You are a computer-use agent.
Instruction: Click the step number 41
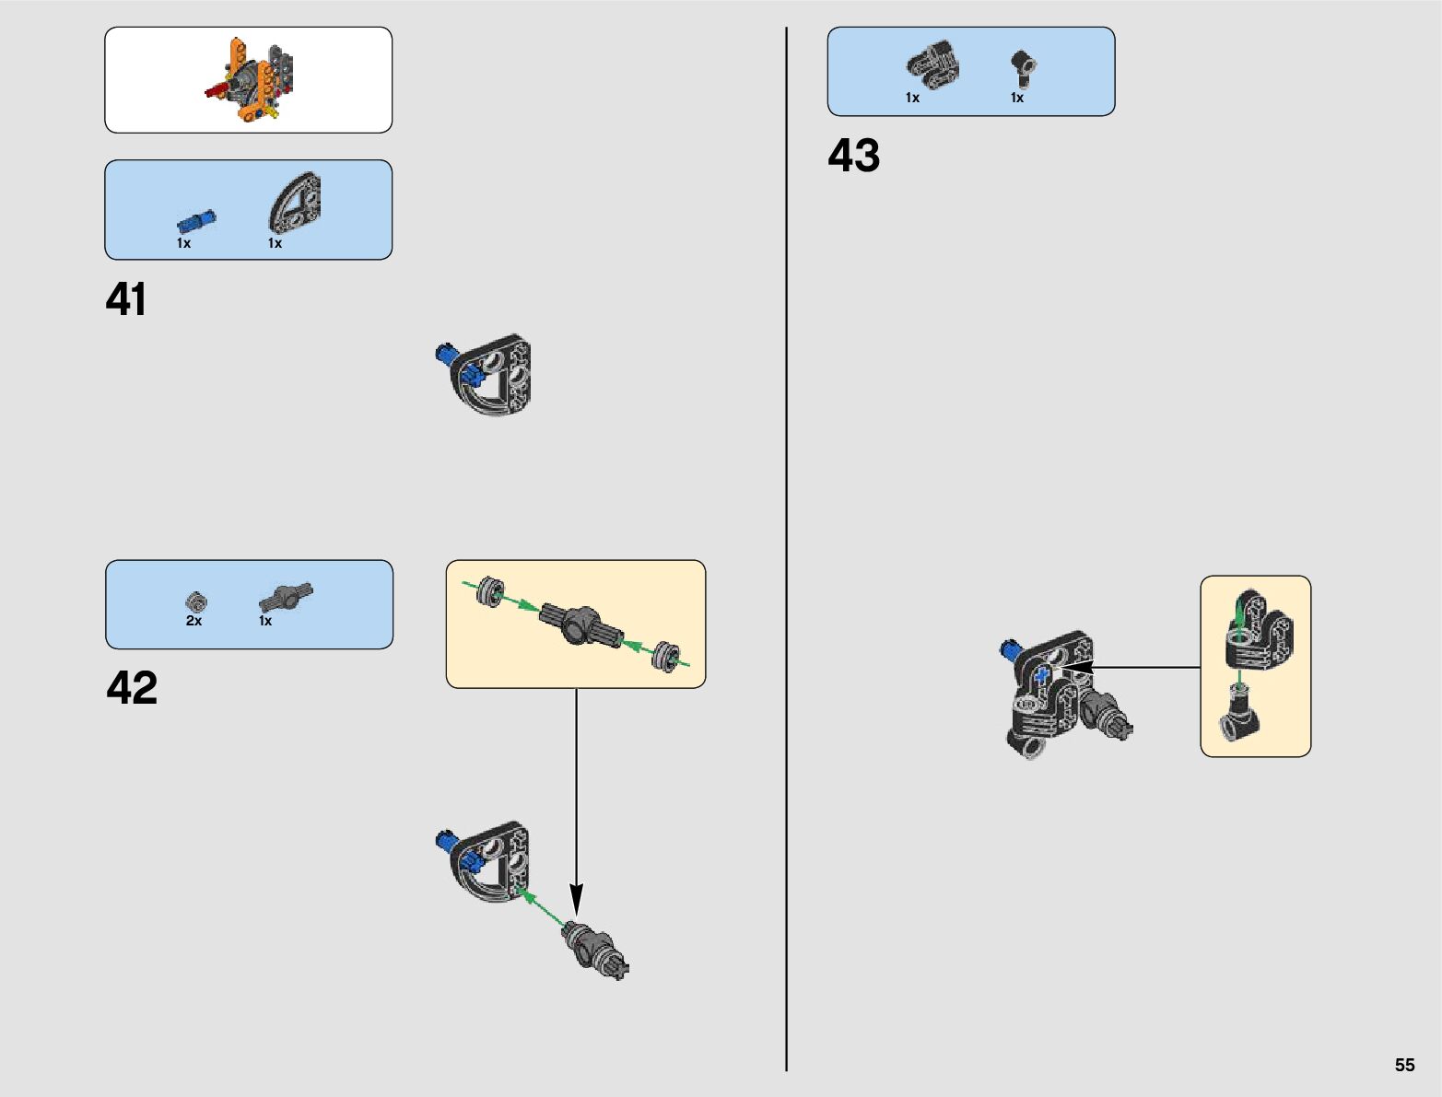[x=126, y=300]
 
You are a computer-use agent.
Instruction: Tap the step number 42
[x=132, y=688]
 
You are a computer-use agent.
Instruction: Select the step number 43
[x=853, y=156]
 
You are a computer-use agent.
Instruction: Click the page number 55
[x=1404, y=1065]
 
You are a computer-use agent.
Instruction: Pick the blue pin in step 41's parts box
[x=196, y=221]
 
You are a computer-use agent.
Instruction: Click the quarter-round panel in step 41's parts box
[x=295, y=203]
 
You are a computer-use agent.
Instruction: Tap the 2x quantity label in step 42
[x=193, y=622]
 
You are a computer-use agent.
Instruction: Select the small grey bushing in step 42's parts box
[x=196, y=601]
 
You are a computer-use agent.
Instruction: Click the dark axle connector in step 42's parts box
[x=286, y=597]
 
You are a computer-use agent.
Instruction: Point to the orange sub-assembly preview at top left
[x=249, y=80]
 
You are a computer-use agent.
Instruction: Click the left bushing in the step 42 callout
[x=491, y=589]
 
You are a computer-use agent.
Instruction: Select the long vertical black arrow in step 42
[x=577, y=792]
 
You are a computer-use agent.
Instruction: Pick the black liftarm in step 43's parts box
[x=933, y=65]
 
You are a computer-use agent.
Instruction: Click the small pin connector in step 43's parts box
[x=1022, y=66]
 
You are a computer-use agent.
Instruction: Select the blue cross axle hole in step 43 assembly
[x=1042, y=675]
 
